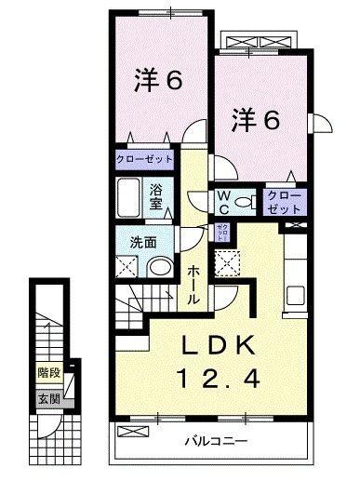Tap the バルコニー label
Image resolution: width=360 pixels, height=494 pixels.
tap(214, 440)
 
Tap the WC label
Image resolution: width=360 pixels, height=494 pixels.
tap(224, 201)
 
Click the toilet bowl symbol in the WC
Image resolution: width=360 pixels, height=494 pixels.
tap(245, 202)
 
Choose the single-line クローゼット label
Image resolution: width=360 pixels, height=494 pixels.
tap(144, 159)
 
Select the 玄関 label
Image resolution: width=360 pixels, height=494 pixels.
tap(47, 399)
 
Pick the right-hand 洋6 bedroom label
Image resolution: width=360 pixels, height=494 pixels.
tap(257, 120)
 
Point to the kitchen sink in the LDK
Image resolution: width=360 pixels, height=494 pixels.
tap(296, 297)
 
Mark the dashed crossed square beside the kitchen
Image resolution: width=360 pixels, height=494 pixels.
tap(226, 266)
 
